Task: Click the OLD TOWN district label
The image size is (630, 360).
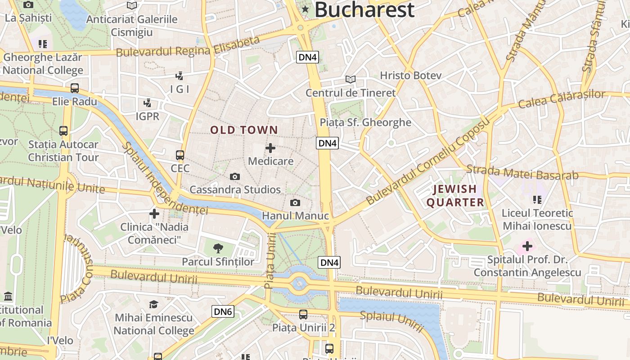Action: click(x=244, y=130)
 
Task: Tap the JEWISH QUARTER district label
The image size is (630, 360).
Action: click(x=455, y=196)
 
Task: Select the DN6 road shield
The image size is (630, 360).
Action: click(x=223, y=311)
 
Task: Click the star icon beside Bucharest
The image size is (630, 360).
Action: click(x=306, y=9)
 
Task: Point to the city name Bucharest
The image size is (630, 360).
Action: click(x=364, y=10)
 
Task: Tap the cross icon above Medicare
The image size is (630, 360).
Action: click(x=270, y=148)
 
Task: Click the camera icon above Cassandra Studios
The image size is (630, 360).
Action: click(x=234, y=177)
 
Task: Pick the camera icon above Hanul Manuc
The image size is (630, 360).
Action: click(x=295, y=203)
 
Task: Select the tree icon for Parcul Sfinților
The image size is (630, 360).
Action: click(x=218, y=247)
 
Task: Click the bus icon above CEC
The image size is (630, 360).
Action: click(x=180, y=155)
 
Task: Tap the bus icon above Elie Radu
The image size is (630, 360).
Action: click(x=75, y=88)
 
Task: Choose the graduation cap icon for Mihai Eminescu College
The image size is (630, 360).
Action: click(x=153, y=304)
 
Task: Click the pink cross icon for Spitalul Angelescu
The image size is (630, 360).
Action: click(x=527, y=246)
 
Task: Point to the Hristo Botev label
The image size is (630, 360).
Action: click(x=410, y=75)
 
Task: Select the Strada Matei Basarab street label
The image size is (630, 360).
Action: click(x=522, y=172)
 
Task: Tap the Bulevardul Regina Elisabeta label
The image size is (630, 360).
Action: click(x=188, y=47)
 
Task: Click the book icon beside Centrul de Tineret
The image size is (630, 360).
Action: click(x=350, y=79)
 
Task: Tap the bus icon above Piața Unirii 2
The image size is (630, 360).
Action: click(x=303, y=315)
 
